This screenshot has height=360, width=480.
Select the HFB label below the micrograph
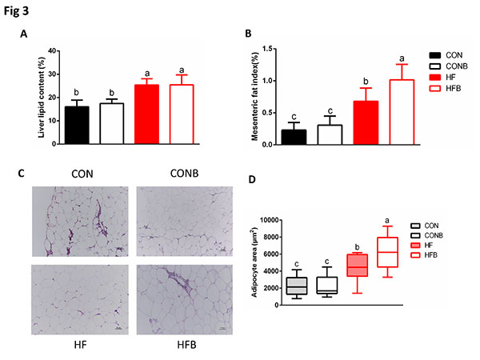pos(183,346)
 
